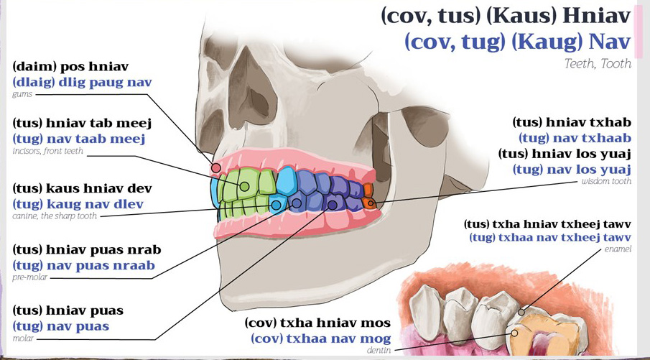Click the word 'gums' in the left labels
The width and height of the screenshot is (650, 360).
pyautogui.click(x=22, y=94)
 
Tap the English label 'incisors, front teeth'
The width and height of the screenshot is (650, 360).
pyautogui.click(x=47, y=152)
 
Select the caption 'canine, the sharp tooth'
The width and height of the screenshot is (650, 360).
pyautogui.click(x=55, y=216)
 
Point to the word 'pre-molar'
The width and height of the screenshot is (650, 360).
pyautogui.click(x=30, y=277)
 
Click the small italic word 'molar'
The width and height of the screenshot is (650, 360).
pyautogui.click(x=23, y=339)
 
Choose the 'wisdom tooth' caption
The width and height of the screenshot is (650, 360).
pyautogui.click(x=606, y=181)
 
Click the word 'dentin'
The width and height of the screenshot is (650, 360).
pyautogui.click(x=379, y=351)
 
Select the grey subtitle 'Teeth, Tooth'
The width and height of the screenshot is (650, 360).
pyautogui.click(x=598, y=64)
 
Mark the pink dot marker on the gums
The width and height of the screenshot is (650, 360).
pyautogui.click(x=216, y=168)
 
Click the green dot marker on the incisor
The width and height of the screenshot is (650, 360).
pyautogui.click(x=245, y=187)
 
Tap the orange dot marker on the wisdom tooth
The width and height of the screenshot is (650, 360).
pyautogui.click(x=371, y=203)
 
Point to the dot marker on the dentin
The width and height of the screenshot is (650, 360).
pyautogui.click(x=514, y=333)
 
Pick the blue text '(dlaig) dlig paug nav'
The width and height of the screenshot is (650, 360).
pyautogui.click(x=82, y=82)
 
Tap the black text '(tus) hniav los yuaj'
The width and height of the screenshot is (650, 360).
pyautogui.click(x=565, y=154)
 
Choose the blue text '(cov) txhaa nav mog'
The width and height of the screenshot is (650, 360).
pyautogui.click(x=320, y=338)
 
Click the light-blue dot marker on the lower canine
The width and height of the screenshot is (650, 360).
pyautogui.click(x=275, y=204)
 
